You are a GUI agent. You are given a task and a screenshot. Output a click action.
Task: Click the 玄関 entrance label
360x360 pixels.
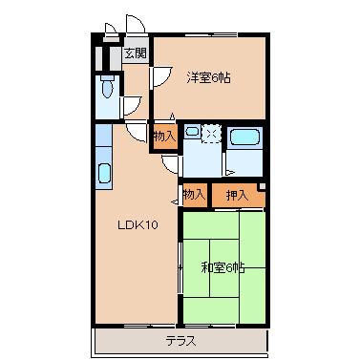(136, 53)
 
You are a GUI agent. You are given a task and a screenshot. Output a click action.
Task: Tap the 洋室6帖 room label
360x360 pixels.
(208, 77)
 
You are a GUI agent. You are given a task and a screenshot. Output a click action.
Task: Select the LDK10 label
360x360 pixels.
(138, 225)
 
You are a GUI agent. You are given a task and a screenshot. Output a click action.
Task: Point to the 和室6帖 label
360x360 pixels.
(223, 268)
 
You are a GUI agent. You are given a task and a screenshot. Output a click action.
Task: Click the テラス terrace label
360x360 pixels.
(180, 342)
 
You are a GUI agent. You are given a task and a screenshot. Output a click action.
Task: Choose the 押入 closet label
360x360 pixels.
(237, 195)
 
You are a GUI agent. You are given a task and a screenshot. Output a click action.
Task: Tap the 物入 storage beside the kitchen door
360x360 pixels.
(164, 137)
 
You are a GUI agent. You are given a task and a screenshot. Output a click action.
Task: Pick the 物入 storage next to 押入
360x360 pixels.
(195, 195)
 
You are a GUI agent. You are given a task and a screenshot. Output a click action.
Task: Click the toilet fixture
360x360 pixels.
(107, 87)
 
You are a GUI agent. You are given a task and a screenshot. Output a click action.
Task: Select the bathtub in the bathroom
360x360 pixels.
(244, 138)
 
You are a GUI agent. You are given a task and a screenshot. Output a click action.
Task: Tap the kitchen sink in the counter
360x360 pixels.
(104, 174)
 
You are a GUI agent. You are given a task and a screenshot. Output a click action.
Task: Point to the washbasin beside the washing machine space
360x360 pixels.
(192, 132)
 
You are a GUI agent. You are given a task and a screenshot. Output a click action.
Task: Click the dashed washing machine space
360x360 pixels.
(211, 134)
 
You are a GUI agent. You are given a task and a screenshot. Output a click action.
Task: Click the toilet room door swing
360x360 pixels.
(132, 106)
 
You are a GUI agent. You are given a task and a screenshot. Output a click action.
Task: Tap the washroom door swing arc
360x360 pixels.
(170, 165)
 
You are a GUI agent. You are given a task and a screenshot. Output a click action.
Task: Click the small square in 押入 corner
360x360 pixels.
(262, 187)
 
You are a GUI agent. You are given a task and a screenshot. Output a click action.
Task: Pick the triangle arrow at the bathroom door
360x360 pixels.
(230, 173)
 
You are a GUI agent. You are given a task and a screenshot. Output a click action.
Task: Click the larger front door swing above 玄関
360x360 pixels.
(136, 24)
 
